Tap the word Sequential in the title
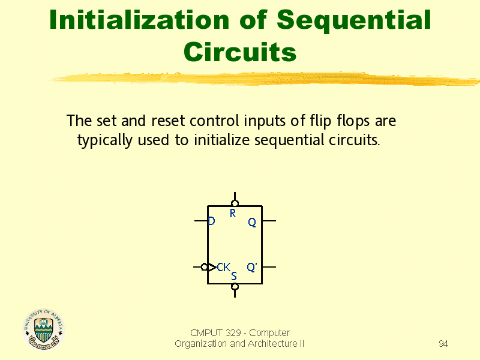[354, 20]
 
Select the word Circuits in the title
[240, 52]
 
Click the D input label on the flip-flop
[211, 221]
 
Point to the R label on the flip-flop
[233, 213]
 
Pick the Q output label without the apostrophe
[252, 223]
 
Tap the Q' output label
[252, 267]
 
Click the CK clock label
[223, 267]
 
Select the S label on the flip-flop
[234, 276]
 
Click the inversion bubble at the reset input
[235, 203]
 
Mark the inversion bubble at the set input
[235, 286]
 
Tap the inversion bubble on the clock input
[205, 267]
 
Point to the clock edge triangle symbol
[212, 267]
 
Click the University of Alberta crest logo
[43, 329]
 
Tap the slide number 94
[443, 344]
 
